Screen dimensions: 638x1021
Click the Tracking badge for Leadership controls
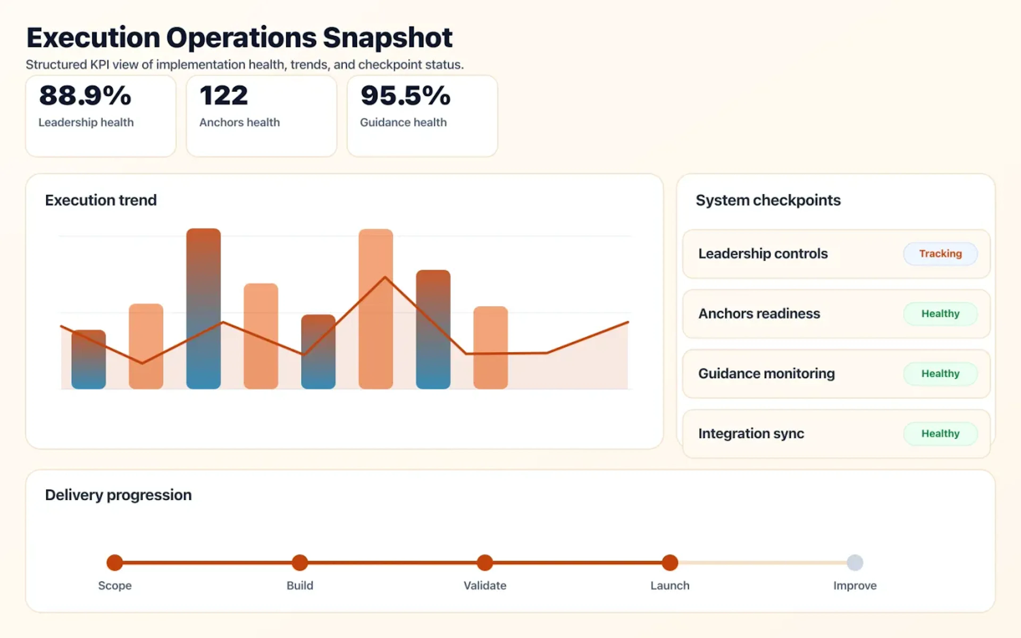coord(940,254)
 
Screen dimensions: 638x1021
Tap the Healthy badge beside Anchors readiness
coord(940,313)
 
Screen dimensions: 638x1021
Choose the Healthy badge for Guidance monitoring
coord(940,373)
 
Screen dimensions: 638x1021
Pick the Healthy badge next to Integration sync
coord(940,433)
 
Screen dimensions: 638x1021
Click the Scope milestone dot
coord(115,563)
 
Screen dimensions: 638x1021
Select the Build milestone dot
coord(300,563)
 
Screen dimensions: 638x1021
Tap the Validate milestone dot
coord(485,563)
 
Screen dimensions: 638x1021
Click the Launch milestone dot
coord(669,563)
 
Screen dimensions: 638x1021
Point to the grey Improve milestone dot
coord(855,563)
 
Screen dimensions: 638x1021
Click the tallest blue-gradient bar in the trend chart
coord(203,308)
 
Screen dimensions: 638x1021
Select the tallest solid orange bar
coord(375,308)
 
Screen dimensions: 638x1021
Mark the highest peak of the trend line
coord(385,277)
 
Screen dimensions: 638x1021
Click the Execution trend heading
coord(101,200)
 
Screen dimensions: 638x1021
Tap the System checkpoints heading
coord(768,200)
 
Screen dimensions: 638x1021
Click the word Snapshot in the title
coord(387,38)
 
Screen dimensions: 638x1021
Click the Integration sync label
coord(751,433)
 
